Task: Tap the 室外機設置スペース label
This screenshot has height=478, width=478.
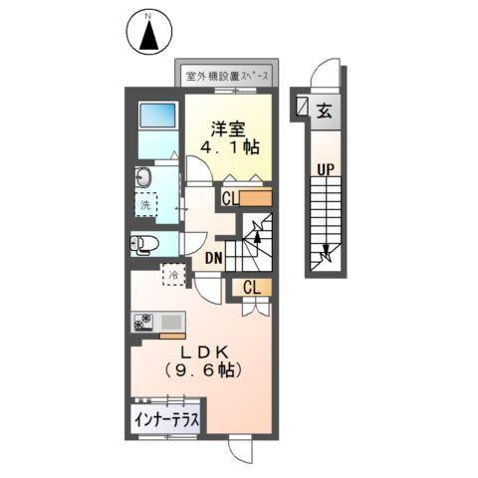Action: click(230, 75)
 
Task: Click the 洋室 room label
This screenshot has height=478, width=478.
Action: click(227, 128)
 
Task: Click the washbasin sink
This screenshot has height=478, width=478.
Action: click(143, 179)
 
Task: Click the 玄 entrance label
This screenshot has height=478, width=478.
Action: click(325, 110)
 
